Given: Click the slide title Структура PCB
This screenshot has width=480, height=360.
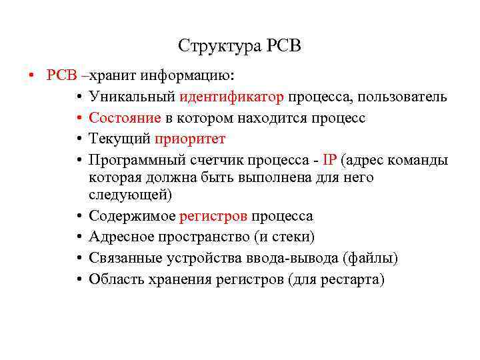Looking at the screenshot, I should click(240, 46).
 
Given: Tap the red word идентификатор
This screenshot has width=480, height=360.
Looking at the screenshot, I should click(231, 97).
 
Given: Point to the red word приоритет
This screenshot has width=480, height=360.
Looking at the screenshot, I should click(190, 139).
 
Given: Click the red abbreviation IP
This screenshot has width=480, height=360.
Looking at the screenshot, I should click(329, 160).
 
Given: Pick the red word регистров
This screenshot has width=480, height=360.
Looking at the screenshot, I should click(213, 217).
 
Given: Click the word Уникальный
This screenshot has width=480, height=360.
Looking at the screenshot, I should click(131, 97).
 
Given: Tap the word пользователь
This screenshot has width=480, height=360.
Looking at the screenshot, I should click(402, 97).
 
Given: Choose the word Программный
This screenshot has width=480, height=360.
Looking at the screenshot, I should click(135, 160).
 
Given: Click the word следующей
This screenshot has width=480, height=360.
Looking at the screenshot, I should click(130, 195).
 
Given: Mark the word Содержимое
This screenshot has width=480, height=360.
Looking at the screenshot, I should click(132, 217).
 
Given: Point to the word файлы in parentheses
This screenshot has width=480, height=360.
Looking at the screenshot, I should click(370, 258).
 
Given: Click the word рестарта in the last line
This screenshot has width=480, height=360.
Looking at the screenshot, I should click(354, 279).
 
